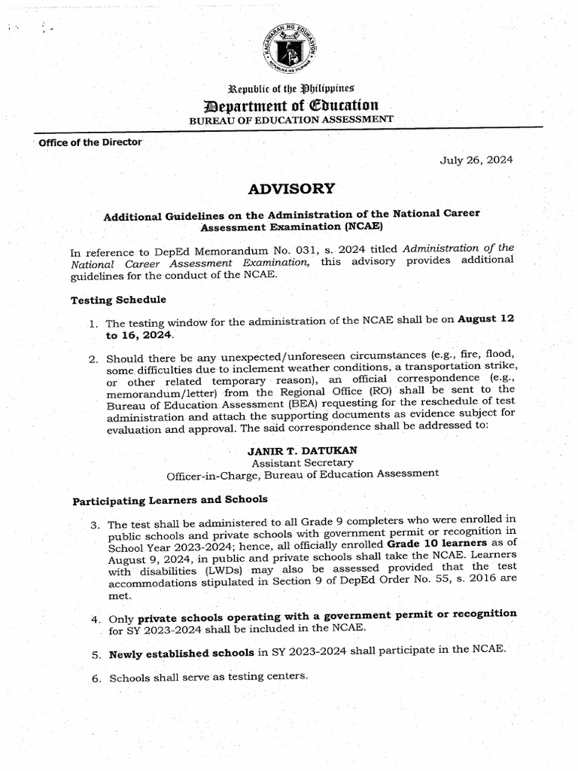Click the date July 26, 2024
pyautogui.click(x=476, y=160)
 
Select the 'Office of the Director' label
pyautogui.click(x=90, y=142)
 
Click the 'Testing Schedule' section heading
pyautogui.click(x=118, y=300)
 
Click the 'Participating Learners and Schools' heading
pyautogui.click(x=169, y=500)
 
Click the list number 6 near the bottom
pyautogui.click(x=96, y=678)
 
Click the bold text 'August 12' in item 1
pyautogui.click(x=487, y=319)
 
